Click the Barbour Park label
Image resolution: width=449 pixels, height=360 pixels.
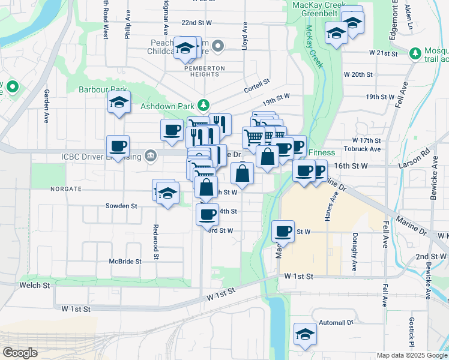pos(96,89)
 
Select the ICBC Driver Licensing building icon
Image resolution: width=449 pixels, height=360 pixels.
pos(150,157)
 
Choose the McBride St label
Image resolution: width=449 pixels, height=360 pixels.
pos(125,261)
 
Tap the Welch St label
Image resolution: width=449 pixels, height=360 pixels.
pos(34,285)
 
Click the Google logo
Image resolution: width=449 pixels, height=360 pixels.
pos(20,353)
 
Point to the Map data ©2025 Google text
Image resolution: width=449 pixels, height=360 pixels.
pos(412,355)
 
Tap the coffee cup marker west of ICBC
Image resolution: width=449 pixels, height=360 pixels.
pos(118,146)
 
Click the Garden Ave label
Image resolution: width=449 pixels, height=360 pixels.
pos(46,106)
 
